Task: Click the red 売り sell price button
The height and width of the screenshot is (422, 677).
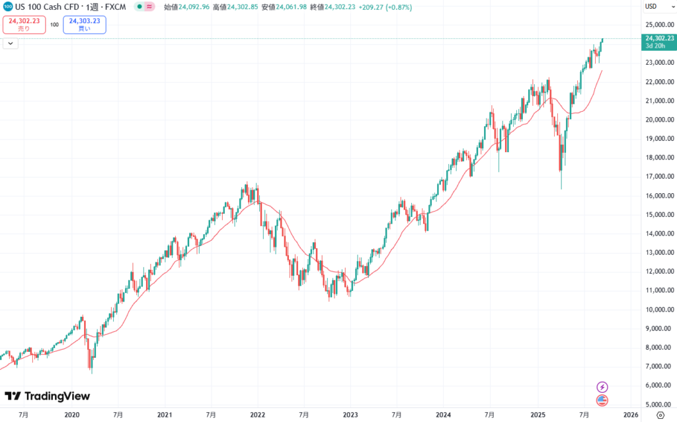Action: [x=24, y=24]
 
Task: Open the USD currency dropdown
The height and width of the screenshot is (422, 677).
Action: [x=654, y=7]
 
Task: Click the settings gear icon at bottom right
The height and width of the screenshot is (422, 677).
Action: [x=660, y=415]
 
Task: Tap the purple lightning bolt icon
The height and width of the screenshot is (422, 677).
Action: [x=602, y=386]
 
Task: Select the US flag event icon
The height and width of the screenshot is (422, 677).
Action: [x=602, y=400]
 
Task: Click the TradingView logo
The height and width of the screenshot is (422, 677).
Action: [x=47, y=396]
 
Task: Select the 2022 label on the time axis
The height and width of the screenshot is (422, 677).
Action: [x=257, y=415]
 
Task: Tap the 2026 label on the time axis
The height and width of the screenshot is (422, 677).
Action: [x=630, y=415]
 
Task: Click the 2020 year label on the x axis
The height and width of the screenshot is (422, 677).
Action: [x=71, y=415]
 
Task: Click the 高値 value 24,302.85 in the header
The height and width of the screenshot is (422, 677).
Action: [x=233, y=7]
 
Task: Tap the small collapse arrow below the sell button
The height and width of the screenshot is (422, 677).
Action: [x=10, y=43]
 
